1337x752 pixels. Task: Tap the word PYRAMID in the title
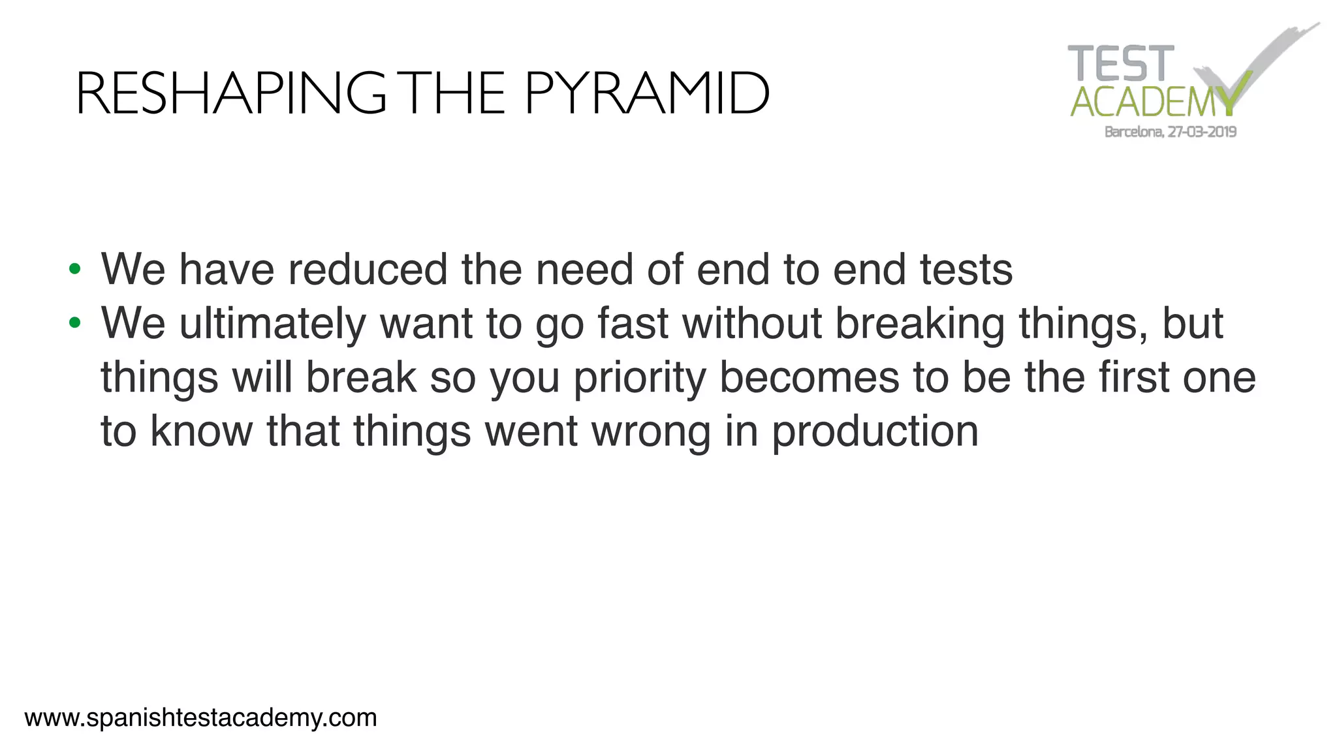pyautogui.click(x=646, y=94)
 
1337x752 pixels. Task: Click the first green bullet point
pyautogui.click(x=74, y=269)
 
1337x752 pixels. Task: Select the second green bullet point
pyautogui.click(x=74, y=322)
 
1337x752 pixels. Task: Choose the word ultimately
pyautogui.click(x=272, y=324)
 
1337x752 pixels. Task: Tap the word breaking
pyautogui.click(x=920, y=324)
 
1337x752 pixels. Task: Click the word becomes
pyautogui.click(x=809, y=377)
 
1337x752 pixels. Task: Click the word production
pyautogui.click(x=875, y=432)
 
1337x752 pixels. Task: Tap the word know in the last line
pyautogui.click(x=201, y=431)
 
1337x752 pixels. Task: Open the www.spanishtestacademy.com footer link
pyautogui.click(x=200, y=718)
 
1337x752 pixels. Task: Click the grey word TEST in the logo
pyautogui.click(x=1120, y=64)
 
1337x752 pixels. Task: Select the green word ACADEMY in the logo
pyautogui.click(x=1152, y=102)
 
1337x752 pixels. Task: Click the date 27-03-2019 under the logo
pyautogui.click(x=1202, y=132)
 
